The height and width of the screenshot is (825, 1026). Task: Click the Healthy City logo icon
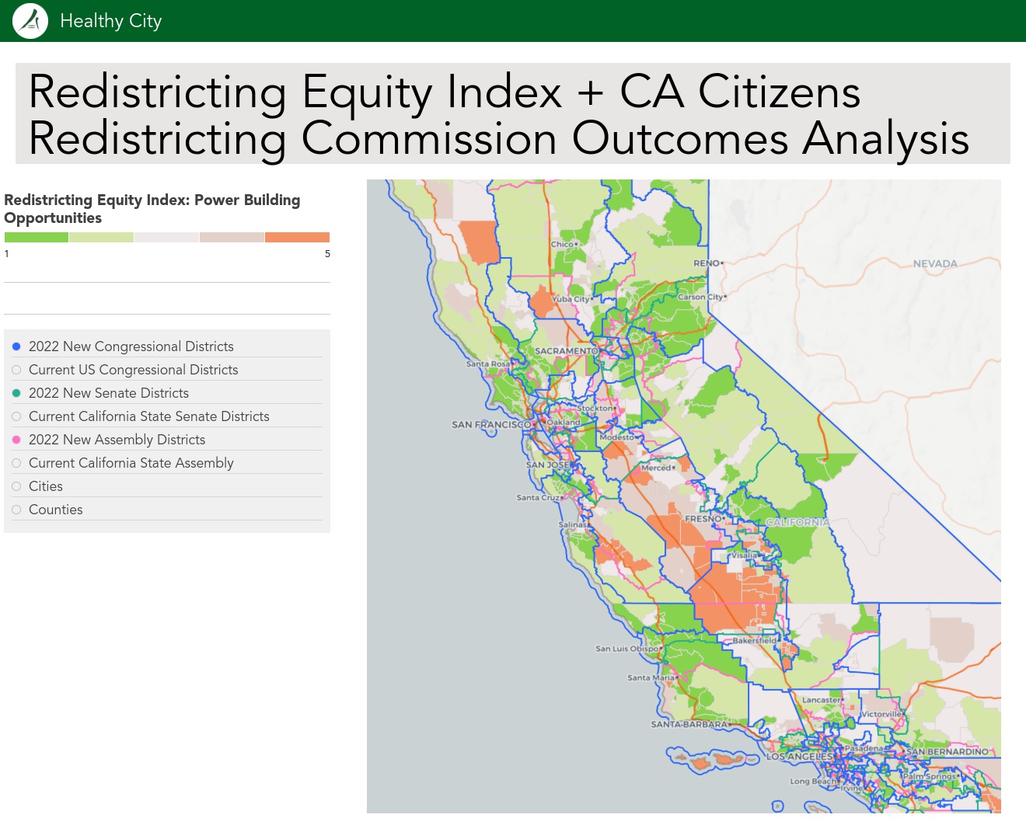30,21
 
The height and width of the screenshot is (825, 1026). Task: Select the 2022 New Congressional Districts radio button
16,346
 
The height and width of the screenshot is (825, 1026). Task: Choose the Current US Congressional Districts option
16,370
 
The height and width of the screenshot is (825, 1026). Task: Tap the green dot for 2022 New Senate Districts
16,393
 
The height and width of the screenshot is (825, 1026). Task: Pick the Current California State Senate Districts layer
16,416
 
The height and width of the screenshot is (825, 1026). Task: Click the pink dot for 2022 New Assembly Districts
16,440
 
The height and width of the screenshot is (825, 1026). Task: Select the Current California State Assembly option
16,463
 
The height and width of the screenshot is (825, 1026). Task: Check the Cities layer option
16,486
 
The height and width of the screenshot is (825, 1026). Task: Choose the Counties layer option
16,510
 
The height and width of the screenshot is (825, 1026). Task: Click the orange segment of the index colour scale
297,238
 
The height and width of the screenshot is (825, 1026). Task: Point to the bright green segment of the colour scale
37,238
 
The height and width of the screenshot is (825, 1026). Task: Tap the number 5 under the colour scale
327,254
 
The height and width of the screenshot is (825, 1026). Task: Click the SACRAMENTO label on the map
566,351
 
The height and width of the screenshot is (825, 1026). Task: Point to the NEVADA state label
935,264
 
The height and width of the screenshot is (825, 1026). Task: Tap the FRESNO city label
703,519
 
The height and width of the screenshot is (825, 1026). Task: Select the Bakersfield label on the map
754,641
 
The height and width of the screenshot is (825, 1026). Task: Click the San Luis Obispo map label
626,649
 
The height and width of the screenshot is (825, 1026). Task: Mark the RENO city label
707,263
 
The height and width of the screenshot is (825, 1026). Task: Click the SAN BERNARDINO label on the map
947,752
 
